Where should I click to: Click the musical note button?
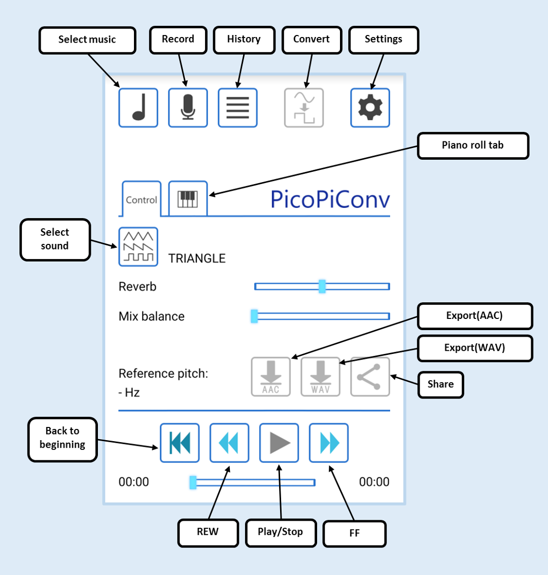pyautogui.click(x=139, y=108)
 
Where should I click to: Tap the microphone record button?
pyautogui.click(x=188, y=108)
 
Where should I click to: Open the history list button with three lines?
pyautogui.click(x=237, y=108)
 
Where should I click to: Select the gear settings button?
pyautogui.click(x=370, y=108)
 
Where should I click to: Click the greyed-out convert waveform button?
pyautogui.click(x=304, y=108)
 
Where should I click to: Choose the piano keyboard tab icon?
pyautogui.click(x=188, y=199)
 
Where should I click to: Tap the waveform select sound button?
pyautogui.click(x=139, y=247)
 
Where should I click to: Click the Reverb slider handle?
pyautogui.click(x=322, y=286)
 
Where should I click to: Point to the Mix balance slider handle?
pyautogui.click(x=254, y=316)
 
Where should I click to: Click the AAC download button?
pyautogui.click(x=271, y=377)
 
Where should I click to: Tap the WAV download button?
pyautogui.click(x=321, y=377)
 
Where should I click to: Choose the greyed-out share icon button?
pyautogui.click(x=370, y=377)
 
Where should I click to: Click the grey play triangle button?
pyautogui.click(x=279, y=443)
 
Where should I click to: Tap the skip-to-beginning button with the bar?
pyautogui.click(x=180, y=443)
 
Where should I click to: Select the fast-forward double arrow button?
pyautogui.click(x=328, y=443)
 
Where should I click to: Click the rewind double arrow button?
pyautogui.click(x=229, y=443)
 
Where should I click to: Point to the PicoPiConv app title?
pyautogui.click(x=330, y=199)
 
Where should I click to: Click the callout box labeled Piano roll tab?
pyautogui.click(x=473, y=146)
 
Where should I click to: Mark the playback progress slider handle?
pyautogui.click(x=193, y=482)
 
